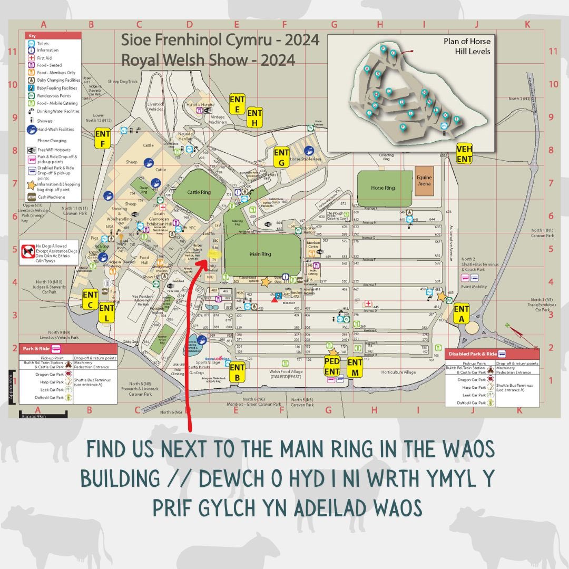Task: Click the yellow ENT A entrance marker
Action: [462, 313]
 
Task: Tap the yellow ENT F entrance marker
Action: [102, 139]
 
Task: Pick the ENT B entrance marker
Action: [238, 372]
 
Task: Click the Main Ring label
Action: [259, 254]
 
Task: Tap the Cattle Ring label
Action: [199, 192]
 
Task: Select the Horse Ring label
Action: [382, 188]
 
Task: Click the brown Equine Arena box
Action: [424, 181]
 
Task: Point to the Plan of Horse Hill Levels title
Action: [473, 46]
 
